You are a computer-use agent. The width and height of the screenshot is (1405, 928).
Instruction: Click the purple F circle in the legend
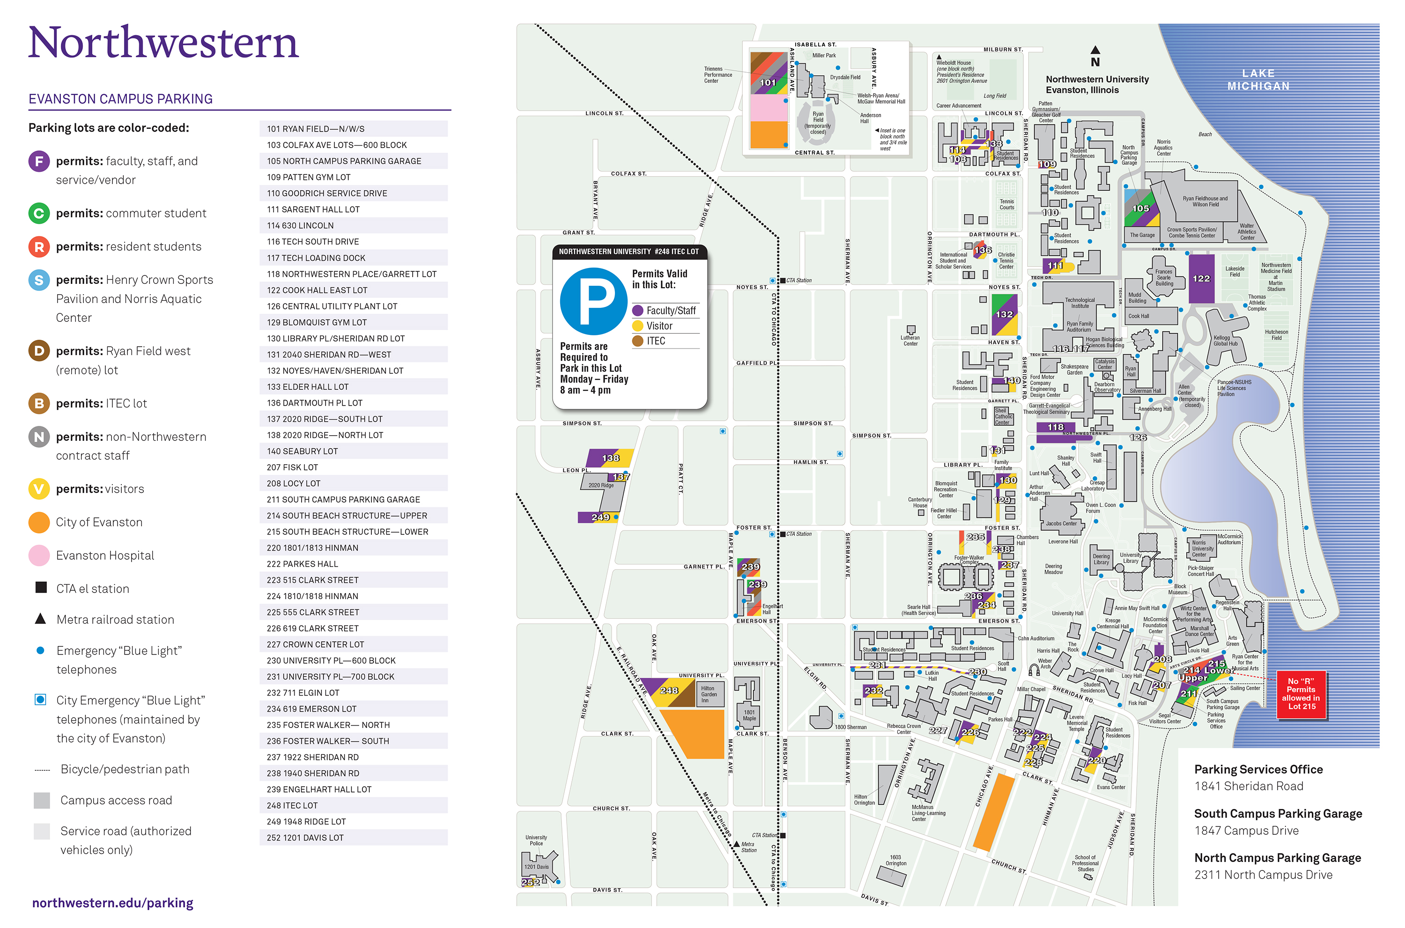[39, 161]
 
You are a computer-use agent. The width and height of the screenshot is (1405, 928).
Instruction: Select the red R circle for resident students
[39, 246]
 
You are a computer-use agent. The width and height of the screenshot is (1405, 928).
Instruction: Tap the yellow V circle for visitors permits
[39, 489]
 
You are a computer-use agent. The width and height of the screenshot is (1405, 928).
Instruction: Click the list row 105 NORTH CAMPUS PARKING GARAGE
[353, 161]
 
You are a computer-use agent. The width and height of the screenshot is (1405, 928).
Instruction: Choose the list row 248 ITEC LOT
[353, 805]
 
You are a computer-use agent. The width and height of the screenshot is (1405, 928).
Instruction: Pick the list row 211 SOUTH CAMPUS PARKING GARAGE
[353, 499]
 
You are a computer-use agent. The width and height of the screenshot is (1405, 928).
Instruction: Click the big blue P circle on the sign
[593, 301]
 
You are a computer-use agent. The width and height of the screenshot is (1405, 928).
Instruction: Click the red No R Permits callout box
[1301, 694]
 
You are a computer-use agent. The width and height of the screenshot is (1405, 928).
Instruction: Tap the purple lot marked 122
[1201, 279]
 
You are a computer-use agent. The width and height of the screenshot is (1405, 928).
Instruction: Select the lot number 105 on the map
[1140, 209]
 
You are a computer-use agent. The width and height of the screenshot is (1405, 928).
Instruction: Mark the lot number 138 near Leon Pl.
[611, 458]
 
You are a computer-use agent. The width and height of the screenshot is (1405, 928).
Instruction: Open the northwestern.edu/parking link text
[112, 903]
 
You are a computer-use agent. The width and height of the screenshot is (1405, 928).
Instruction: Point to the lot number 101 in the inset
[768, 83]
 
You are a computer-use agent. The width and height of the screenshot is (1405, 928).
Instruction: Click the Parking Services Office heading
[1258, 769]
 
